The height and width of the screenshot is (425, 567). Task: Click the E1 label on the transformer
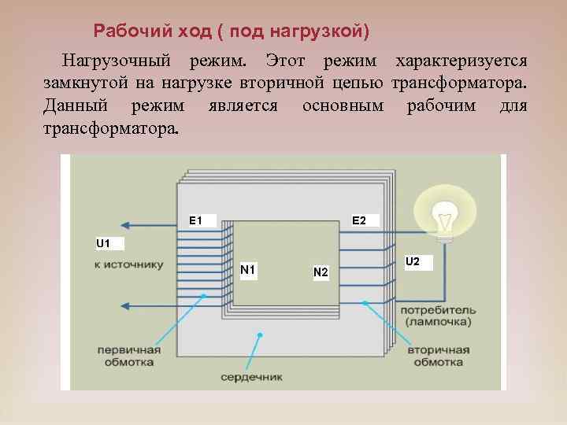pyautogui.click(x=196, y=220)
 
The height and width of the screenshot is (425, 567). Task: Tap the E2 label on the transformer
pyautogui.click(x=359, y=220)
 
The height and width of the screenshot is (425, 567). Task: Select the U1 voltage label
pyautogui.click(x=103, y=243)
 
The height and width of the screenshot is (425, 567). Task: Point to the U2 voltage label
pyautogui.click(x=413, y=261)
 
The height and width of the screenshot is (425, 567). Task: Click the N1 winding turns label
pyautogui.click(x=247, y=270)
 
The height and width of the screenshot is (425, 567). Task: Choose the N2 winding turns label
pyautogui.click(x=321, y=272)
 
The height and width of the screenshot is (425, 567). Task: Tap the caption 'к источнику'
pyautogui.click(x=128, y=265)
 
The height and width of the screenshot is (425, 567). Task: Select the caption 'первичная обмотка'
pyautogui.click(x=129, y=356)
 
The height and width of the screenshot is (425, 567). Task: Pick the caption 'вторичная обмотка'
pyautogui.click(x=438, y=356)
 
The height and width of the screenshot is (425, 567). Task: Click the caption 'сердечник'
pyautogui.click(x=250, y=377)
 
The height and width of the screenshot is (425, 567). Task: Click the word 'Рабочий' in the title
pyautogui.click(x=128, y=31)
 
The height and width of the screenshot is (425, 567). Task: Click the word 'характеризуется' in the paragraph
pyautogui.click(x=461, y=61)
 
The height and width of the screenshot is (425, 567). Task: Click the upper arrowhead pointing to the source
pyautogui.click(x=126, y=225)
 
